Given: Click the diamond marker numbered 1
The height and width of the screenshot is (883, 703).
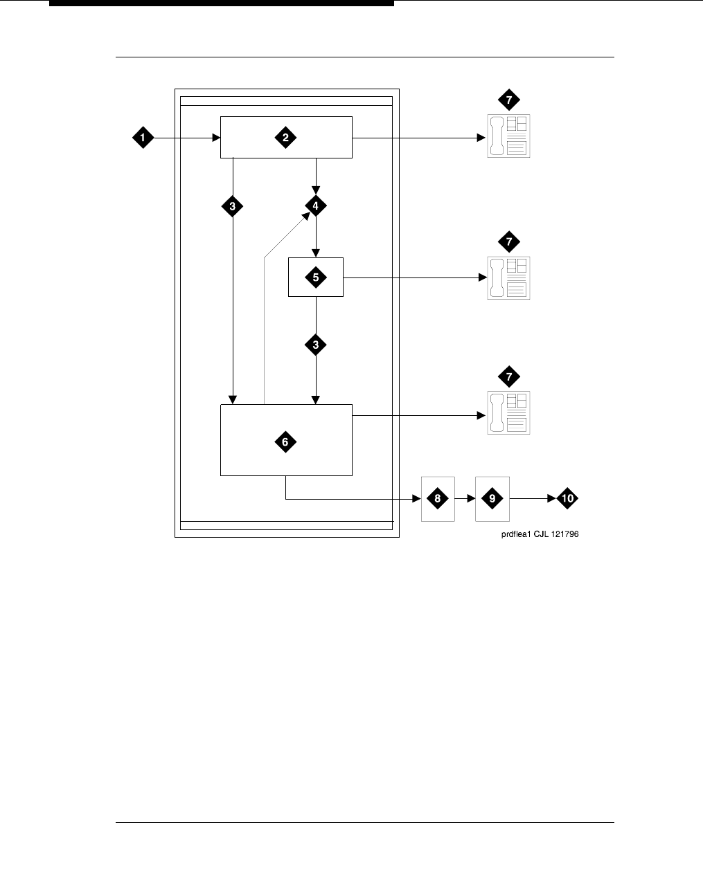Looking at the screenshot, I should point(143,138).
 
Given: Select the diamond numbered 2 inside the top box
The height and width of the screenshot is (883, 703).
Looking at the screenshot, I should point(285,138).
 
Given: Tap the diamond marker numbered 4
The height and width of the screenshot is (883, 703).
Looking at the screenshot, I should point(316,206).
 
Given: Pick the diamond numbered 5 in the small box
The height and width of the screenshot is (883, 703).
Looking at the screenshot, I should point(316,277).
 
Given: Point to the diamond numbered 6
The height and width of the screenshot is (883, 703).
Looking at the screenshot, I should point(285,441).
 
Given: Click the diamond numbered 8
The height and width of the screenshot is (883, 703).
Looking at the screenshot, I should point(437,498).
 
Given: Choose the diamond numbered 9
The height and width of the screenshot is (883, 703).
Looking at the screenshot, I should point(492,498).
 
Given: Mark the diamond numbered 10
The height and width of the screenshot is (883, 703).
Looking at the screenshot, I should point(567,498).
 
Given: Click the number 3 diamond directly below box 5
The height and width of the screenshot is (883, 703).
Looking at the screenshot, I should point(316,345).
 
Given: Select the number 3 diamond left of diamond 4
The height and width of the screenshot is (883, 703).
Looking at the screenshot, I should point(232,206).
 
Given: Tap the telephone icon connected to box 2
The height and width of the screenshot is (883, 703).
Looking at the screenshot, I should point(508,136).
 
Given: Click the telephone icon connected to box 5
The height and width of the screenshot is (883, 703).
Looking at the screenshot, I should point(508,277).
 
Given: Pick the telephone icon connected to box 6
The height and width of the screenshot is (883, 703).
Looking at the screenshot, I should point(508,412).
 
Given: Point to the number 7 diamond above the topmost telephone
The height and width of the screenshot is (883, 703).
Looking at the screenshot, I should point(508,100).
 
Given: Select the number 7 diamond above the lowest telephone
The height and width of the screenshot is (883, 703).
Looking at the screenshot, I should point(508,376).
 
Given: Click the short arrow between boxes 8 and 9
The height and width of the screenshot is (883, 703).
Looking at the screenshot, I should point(465,498).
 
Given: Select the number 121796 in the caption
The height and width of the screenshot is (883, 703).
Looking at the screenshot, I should point(563,534).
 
